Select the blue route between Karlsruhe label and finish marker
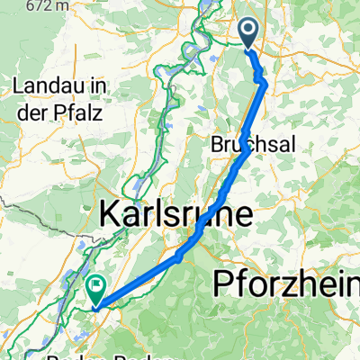click(x=144, y=274)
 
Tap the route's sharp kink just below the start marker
click(x=264, y=85)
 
